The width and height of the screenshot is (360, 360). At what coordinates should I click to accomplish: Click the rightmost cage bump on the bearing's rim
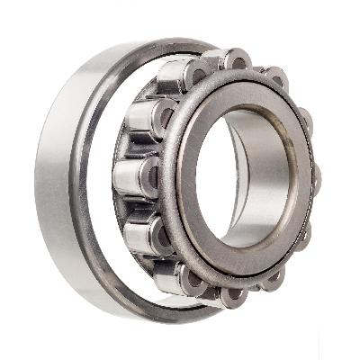(x=315, y=180)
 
